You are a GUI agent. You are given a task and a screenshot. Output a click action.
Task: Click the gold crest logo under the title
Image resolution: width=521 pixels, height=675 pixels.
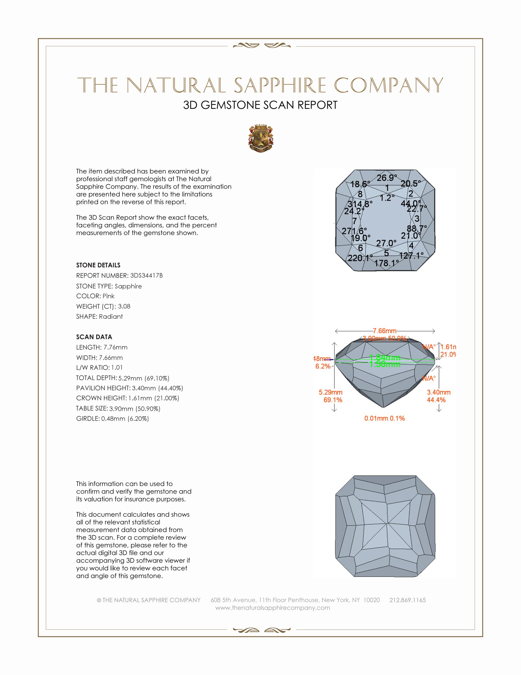[261, 138]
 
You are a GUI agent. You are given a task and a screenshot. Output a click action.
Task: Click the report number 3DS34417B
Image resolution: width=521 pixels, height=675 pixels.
[146, 276]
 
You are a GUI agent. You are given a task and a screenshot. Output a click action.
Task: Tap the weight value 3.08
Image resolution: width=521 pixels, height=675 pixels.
[124, 306]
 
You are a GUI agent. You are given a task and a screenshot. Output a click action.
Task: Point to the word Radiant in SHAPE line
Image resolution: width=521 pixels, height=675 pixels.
[111, 317]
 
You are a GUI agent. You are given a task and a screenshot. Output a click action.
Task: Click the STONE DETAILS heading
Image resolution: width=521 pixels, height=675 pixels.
[98, 265]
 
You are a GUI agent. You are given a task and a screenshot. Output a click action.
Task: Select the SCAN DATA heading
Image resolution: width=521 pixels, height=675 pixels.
[94, 337]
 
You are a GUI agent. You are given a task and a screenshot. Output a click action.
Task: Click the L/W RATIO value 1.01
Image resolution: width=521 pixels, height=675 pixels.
[117, 368]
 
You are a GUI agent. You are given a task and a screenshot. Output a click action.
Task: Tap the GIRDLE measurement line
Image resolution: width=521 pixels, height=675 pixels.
[112, 419]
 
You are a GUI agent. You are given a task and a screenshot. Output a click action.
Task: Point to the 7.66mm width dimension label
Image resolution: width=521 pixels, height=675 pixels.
[385, 331]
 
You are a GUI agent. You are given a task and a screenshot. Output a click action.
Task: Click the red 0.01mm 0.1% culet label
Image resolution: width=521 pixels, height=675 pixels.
[385, 418]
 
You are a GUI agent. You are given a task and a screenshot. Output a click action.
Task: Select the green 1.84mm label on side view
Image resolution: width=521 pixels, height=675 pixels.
[385, 357]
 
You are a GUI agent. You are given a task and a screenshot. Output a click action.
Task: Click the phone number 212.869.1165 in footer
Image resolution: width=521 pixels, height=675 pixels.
[407, 600]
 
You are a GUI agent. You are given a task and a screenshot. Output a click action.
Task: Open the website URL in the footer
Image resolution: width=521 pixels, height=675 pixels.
[272, 608]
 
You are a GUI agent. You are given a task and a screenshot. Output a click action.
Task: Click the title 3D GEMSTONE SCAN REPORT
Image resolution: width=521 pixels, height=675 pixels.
[260, 105]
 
